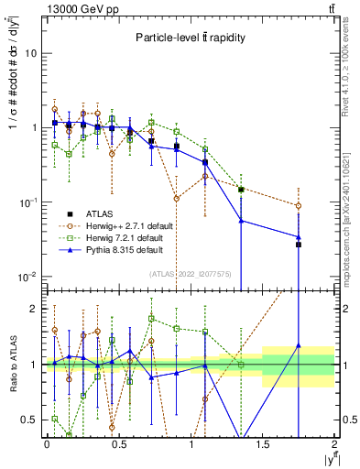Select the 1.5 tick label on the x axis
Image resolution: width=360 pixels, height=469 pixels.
tap(263, 443)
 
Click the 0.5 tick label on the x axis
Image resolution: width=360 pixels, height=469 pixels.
tap(118, 443)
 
